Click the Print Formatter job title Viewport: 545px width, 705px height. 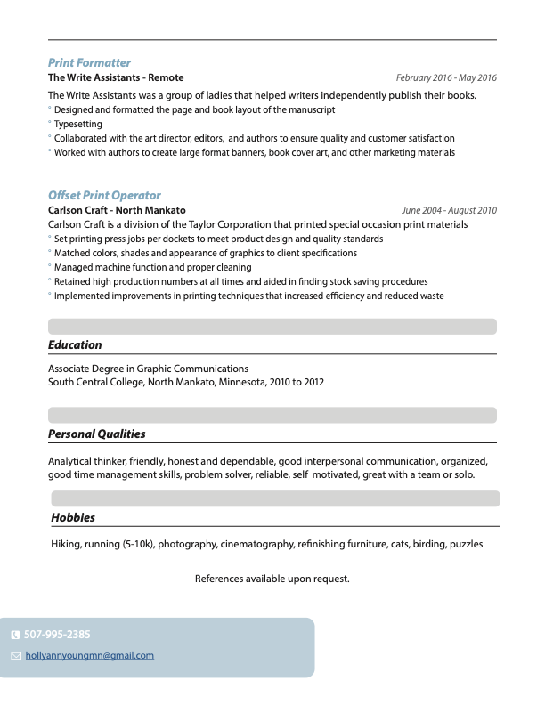point(89,63)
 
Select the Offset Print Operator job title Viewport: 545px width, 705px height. point(104,196)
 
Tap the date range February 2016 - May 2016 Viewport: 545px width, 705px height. point(446,78)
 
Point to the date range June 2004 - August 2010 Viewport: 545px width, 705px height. point(450,211)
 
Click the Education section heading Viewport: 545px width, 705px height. point(75,345)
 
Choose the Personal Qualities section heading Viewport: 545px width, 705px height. point(96,434)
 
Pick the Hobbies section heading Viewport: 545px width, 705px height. point(73,517)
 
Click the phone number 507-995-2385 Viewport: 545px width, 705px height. point(57,635)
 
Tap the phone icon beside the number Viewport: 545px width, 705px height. point(15,636)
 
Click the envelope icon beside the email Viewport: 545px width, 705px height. point(15,656)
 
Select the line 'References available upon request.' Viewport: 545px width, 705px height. point(272,579)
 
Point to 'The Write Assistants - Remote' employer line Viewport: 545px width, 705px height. point(116,78)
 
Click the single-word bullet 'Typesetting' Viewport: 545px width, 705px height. point(78,125)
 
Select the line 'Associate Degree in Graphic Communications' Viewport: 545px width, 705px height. point(148,369)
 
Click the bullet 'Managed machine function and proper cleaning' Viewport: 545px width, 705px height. point(152,267)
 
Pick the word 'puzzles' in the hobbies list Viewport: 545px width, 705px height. point(466,544)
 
